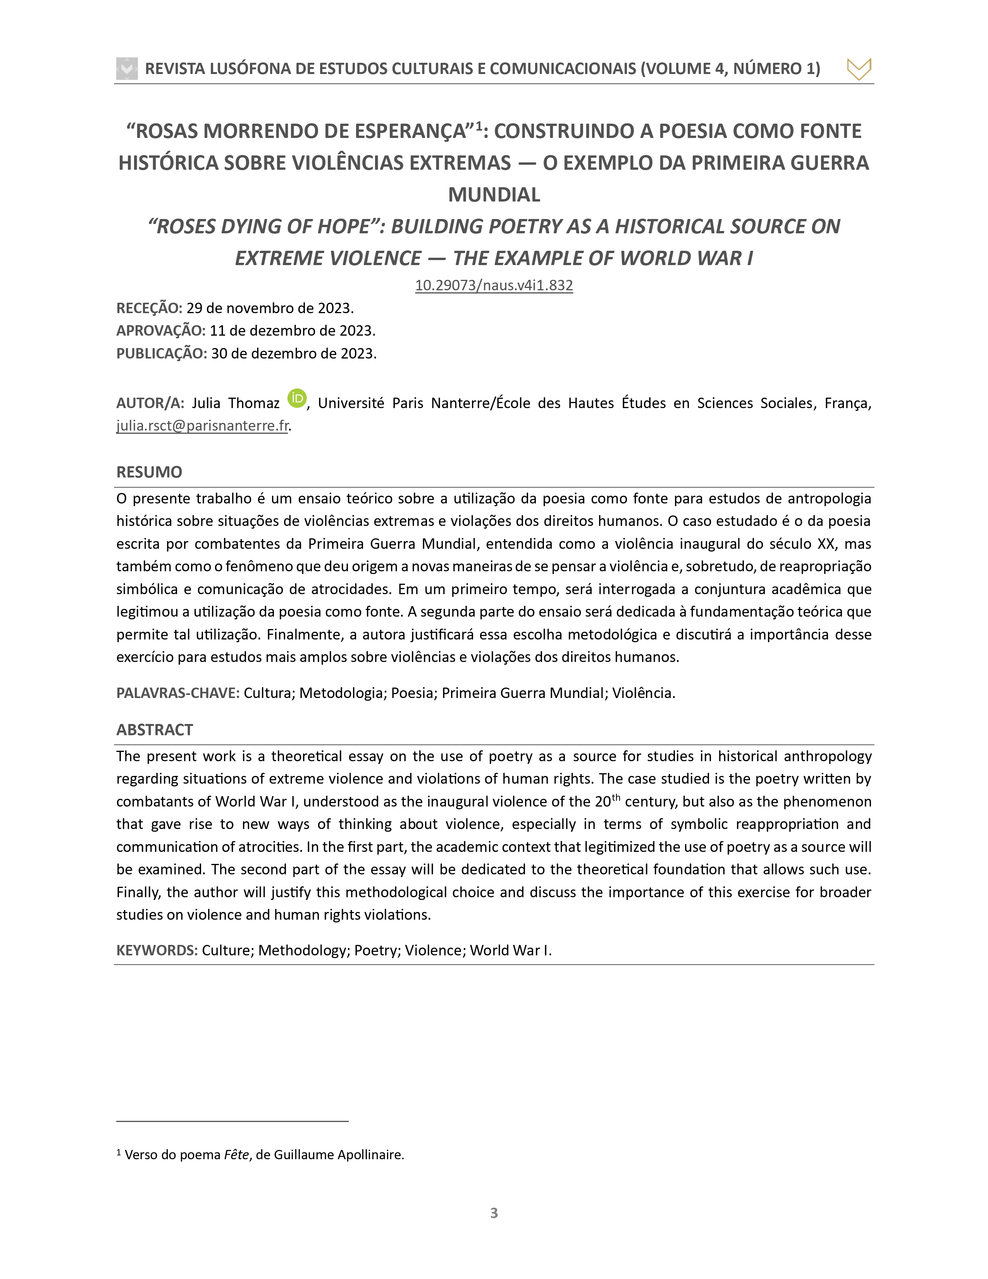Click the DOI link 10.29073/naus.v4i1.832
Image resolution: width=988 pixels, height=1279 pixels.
(493, 285)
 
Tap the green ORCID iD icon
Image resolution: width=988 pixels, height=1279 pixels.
(297, 398)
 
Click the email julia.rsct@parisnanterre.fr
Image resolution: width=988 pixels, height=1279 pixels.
(202, 426)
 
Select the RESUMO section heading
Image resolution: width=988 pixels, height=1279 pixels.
(149, 472)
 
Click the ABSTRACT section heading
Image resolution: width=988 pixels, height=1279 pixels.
(155, 730)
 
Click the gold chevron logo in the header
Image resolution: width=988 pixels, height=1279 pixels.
(859, 69)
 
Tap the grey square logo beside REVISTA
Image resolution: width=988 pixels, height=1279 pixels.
(127, 69)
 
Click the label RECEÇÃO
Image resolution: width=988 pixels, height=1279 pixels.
(149, 308)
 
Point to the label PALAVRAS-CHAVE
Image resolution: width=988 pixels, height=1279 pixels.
(178, 693)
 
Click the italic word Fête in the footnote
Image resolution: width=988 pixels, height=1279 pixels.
(236, 1154)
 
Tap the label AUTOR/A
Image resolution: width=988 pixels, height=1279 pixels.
(150, 403)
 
